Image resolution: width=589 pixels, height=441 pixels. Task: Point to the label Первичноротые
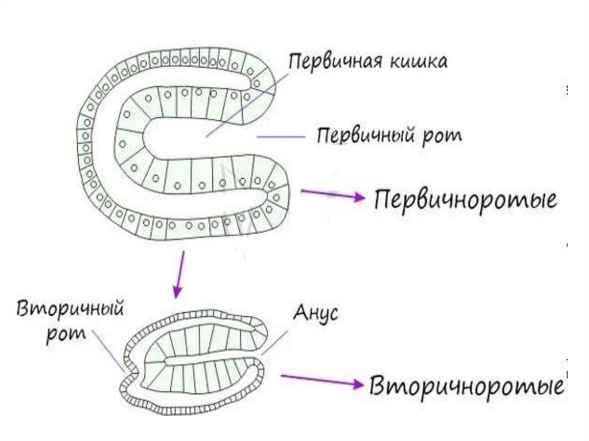point(466,201)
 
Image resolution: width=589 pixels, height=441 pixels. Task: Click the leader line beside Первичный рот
point(281,136)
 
